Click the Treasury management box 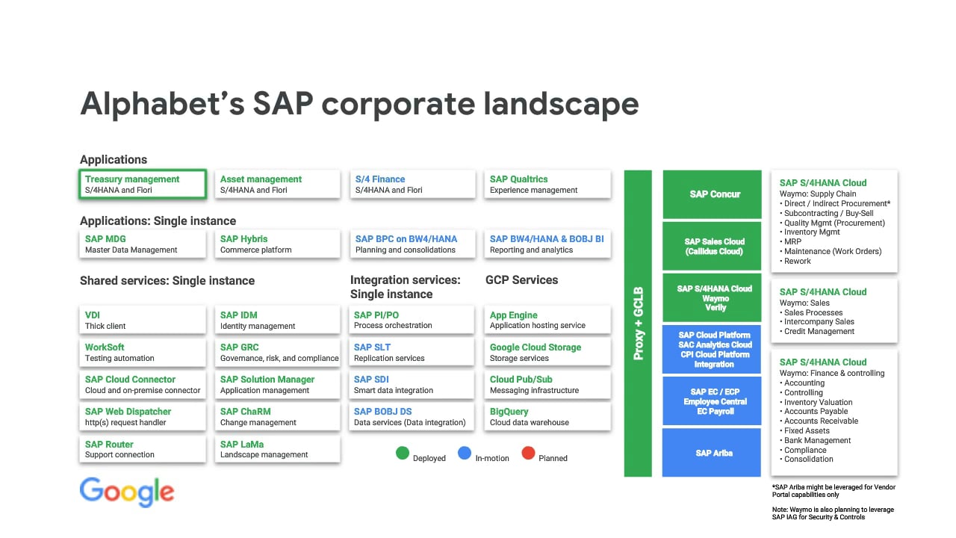tap(143, 184)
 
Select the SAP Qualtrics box tap(547, 184)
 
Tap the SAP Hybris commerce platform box tap(277, 244)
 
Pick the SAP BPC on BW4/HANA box tap(412, 244)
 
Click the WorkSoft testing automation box tap(143, 352)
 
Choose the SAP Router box tap(143, 449)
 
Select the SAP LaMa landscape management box tap(277, 449)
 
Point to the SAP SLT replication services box tap(412, 352)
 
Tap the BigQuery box tap(547, 416)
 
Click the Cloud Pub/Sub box tap(547, 384)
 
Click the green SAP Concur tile tap(712, 194)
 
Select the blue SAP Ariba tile tap(712, 453)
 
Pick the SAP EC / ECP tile tap(712, 401)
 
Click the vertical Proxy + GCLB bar tap(638, 324)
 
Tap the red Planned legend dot tap(528, 453)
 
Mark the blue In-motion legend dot tap(465, 453)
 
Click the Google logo tap(127, 492)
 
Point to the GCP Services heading tap(521, 280)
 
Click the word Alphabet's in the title tap(162, 104)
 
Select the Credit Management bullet tap(817, 331)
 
